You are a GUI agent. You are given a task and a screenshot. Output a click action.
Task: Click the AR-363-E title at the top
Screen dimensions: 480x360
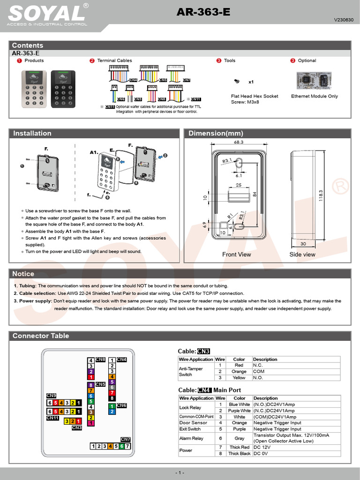tap(203, 13)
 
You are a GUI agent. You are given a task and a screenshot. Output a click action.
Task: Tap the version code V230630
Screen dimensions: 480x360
tap(343, 20)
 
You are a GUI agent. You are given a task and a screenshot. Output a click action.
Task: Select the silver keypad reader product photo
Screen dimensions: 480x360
tap(34, 89)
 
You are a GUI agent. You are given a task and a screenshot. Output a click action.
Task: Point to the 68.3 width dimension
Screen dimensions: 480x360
tap(239, 142)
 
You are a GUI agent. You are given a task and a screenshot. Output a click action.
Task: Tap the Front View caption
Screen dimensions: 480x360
tap(236, 255)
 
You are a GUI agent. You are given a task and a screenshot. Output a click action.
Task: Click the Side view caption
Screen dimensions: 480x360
tap(302, 255)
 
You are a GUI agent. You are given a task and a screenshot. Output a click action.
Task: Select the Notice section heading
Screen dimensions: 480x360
tap(23, 274)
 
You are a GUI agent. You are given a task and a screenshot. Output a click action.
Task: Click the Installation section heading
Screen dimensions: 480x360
tap(32, 134)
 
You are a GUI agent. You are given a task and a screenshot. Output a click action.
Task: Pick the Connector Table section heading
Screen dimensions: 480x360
tap(41, 336)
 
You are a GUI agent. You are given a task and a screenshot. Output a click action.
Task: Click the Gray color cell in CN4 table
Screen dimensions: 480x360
tap(239, 438)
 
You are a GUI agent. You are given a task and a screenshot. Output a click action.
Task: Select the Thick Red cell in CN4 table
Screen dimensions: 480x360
tap(239, 447)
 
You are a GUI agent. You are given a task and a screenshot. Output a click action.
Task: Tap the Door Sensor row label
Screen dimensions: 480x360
tap(193, 423)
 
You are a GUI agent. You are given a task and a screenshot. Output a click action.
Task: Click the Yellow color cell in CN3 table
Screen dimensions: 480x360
tap(239, 378)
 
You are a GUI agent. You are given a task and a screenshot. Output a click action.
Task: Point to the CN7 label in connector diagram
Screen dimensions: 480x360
tap(125, 439)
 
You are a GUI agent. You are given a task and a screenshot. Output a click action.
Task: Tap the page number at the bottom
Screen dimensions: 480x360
tap(180, 473)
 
